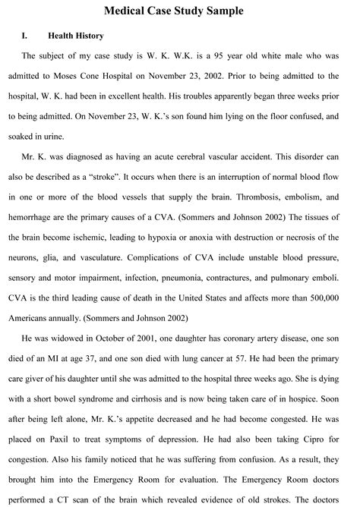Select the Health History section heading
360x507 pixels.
click(x=75, y=36)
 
